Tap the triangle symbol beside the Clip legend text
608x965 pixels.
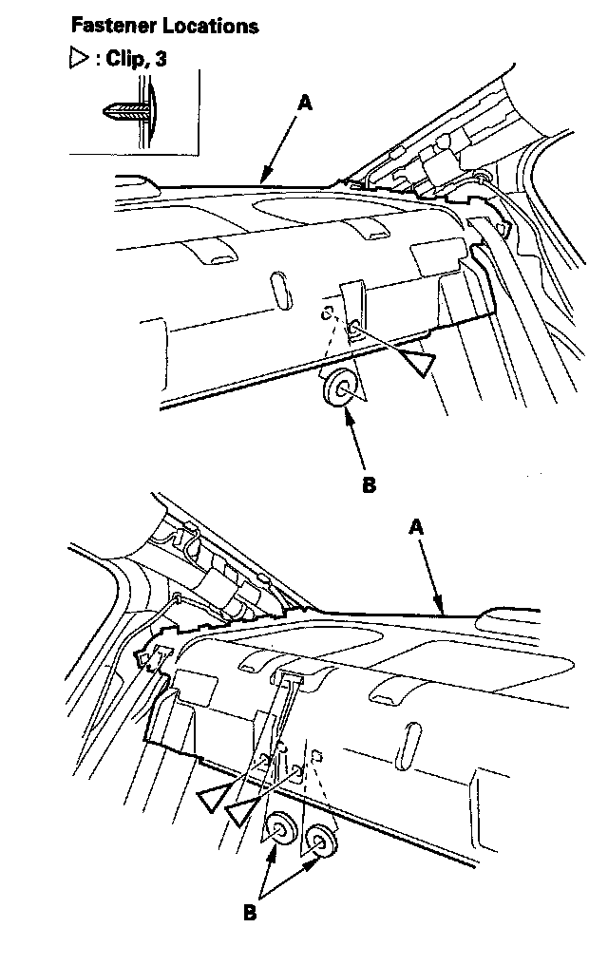(x=78, y=60)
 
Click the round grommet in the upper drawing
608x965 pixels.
(x=340, y=387)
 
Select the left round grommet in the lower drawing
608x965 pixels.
(x=280, y=829)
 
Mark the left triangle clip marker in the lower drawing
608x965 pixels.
(x=213, y=799)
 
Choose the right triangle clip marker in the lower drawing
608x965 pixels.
(x=243, y=810)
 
